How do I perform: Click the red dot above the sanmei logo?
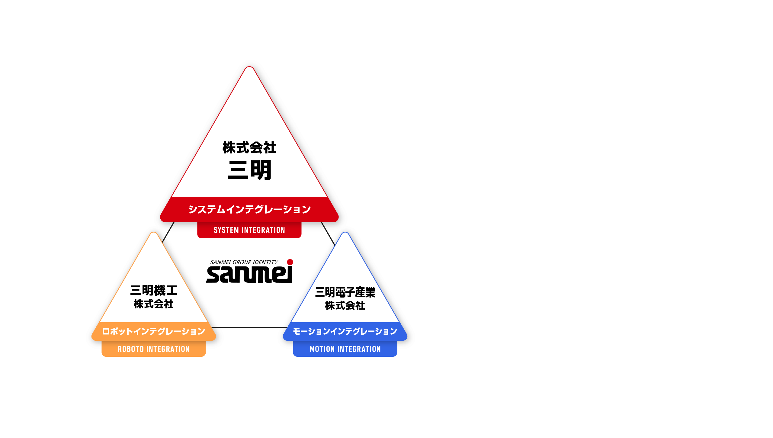point(290,262)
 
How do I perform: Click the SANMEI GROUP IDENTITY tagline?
point(244,262)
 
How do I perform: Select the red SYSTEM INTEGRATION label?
point(249,230)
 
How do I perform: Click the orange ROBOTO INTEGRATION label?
point(153,349)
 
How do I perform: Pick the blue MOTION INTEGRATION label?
point(345,349)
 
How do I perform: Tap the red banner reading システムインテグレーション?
point(249,209)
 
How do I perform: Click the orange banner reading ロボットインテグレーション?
point(153,331)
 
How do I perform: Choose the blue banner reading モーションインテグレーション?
point(345,331)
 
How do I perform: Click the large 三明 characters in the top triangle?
point(250,170)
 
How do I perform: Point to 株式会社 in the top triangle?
point(249,148)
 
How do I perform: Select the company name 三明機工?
point(153,291)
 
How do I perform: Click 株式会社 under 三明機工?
point(153,304)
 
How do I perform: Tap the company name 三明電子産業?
point(345,292)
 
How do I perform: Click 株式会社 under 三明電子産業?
point(345,306)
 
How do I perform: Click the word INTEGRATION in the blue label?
point(359,349)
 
